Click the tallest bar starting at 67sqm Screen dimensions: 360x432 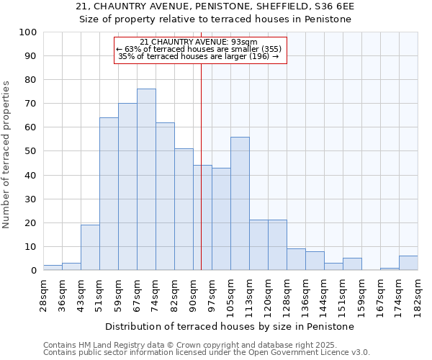pos(146,179)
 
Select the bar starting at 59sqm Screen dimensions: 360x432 pos(127,186)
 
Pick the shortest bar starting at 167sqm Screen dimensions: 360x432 pos(390,269)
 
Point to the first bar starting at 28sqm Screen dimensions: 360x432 pos(53,267)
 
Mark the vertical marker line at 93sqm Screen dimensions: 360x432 pos(201,173)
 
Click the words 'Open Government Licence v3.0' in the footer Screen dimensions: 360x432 pos(310,353)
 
